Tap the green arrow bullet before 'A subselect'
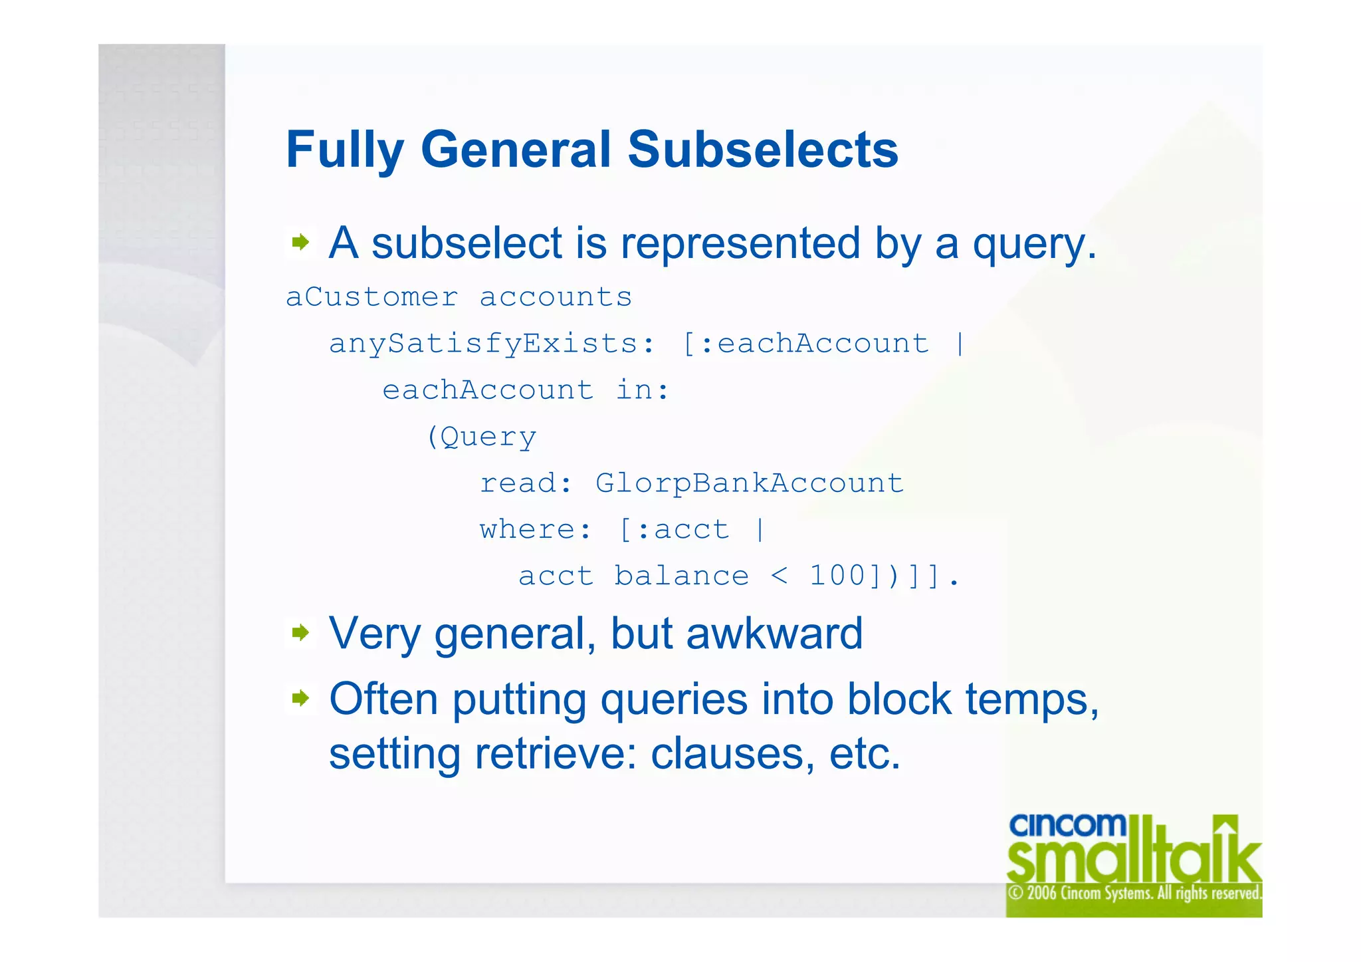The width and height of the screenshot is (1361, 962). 300,242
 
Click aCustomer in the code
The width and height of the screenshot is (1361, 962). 371,297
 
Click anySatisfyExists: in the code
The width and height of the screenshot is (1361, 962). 492,344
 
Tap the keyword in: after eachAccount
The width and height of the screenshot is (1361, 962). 642,390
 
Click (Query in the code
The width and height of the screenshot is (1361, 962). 481,437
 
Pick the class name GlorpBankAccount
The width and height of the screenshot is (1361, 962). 749,483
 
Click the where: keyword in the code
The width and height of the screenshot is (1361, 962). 534,530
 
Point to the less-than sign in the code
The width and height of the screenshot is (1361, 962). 780,576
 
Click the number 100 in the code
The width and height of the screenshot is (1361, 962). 837,576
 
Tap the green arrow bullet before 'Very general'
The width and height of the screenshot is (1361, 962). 300,632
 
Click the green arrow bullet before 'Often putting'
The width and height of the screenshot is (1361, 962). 300,698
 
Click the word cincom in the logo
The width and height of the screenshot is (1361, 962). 1067,825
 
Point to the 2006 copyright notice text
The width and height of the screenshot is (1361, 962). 1134,893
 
